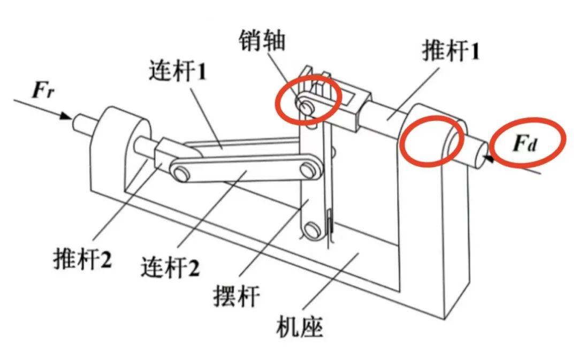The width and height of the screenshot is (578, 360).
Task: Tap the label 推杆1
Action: (451, 52)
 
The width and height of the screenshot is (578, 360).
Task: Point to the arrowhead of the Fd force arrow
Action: (488, 157)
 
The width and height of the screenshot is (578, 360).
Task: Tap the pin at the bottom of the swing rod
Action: (310, 231)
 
